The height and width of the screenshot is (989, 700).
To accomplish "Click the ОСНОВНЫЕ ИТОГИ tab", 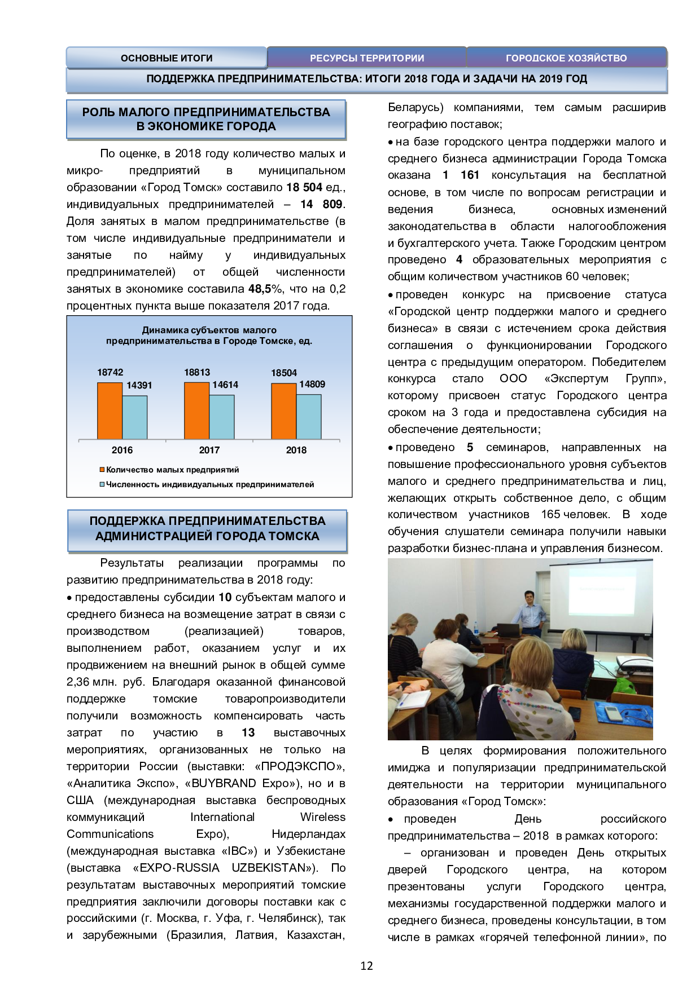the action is (x=167, y=58).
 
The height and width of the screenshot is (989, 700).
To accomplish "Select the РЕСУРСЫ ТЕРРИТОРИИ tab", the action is (x=367, y=58).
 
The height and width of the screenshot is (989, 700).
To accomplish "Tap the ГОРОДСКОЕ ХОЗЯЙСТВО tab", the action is (x=566, y=58).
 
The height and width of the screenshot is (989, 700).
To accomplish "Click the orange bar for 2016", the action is (x=110, y=410).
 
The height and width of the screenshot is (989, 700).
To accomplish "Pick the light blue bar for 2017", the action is (x=222, y=417).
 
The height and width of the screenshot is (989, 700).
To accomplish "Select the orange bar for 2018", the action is (x=284, y=411).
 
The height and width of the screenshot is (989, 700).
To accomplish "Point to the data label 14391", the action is (x=139, y=385).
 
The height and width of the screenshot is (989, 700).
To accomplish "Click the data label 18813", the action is (x=197, y=372).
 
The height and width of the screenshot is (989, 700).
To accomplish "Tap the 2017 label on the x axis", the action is (x=209, y=450).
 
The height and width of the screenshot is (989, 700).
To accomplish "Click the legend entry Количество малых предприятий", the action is (x=169, y=470).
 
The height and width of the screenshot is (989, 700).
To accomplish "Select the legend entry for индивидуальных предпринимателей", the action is (x=207, y=484).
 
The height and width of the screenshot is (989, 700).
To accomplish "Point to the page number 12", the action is (x=366, y=966).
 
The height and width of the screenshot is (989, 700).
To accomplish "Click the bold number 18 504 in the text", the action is (x=304, y=187).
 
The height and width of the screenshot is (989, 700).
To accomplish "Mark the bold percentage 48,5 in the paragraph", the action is (x=260, y=289).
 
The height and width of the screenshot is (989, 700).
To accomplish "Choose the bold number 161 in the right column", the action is (x=470, y=175).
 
